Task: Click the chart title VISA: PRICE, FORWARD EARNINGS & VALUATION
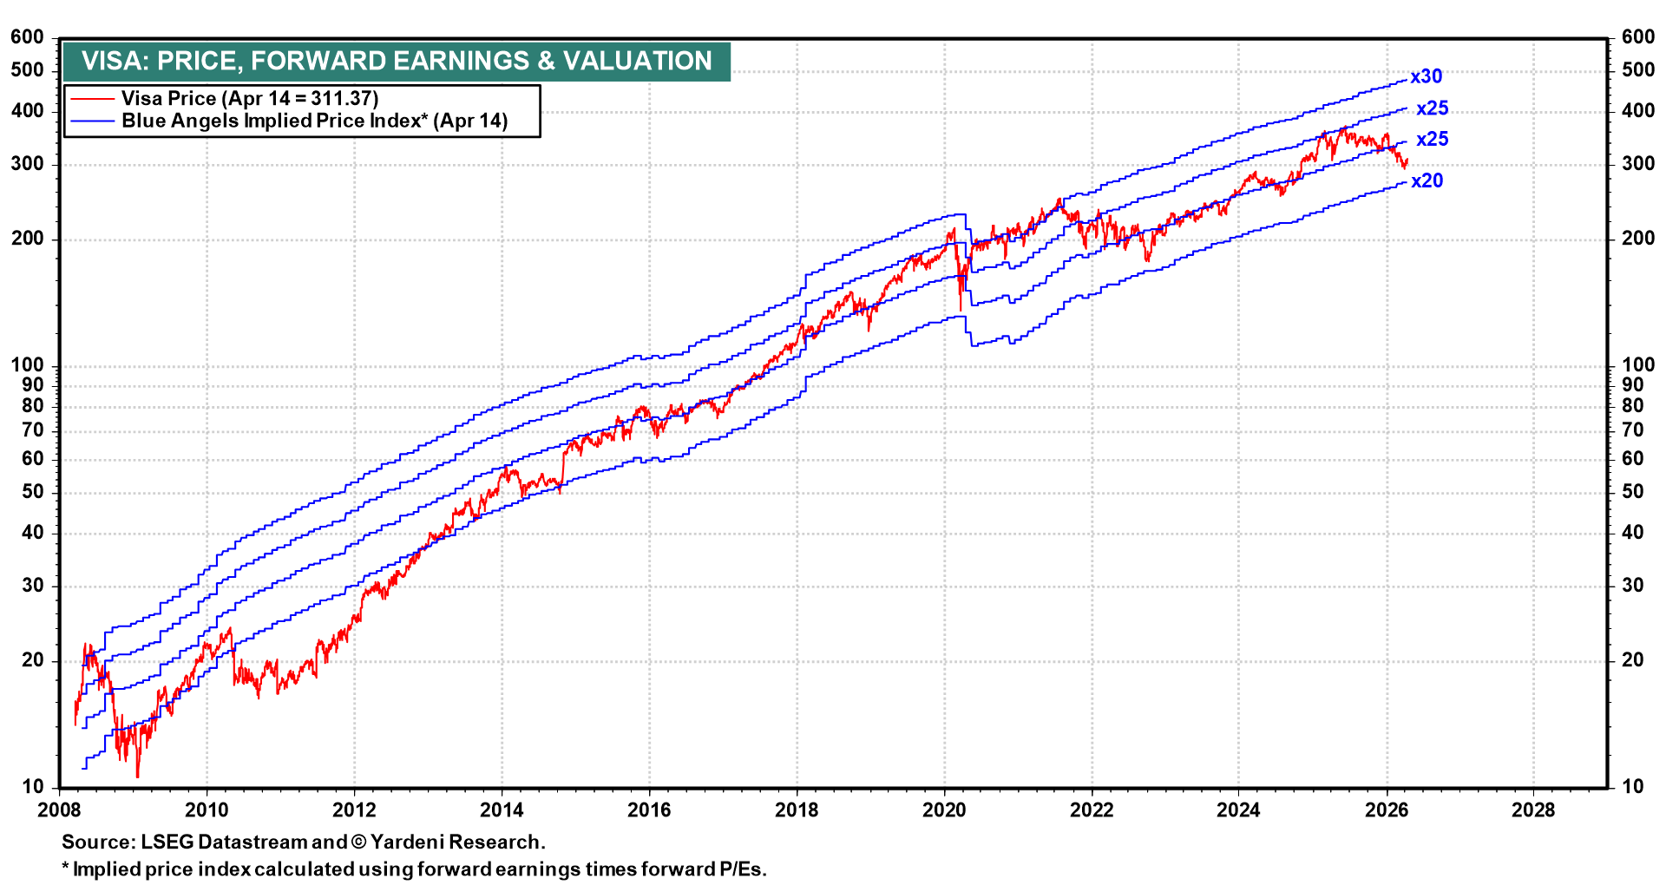(x=397, y=61)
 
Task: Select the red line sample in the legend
(x=92, y=99)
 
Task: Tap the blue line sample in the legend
(x=92, y=121)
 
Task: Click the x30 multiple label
(x=1426, y=76)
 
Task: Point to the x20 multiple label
(x=1427, y=180)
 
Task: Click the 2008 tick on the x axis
(x=60, y=810)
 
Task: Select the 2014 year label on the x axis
(x=502, y=810)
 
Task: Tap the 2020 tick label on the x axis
(x=944, y=810)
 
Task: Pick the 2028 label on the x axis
(x=1533, y=810)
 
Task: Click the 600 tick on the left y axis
(x=27, y=37)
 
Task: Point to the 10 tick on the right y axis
(x=1633, y=786)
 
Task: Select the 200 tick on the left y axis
(x=27, y=239)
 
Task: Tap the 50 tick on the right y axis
(x=1633, y=492)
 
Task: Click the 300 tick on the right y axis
(x=1638, y=164)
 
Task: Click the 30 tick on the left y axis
(x=32, y=586)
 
